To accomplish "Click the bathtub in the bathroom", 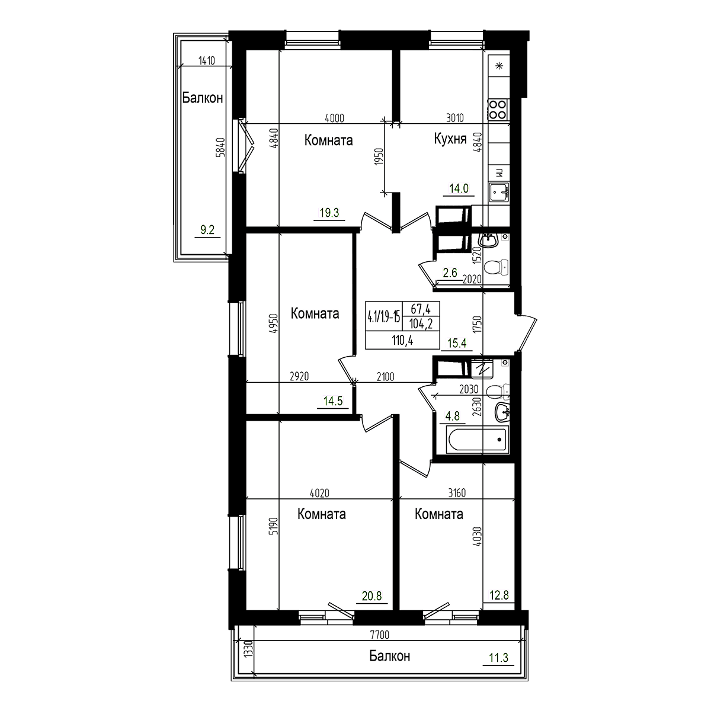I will pyautogui.click(x=477, y=440).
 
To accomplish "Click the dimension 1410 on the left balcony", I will pyautogui.click(x=206, y=59).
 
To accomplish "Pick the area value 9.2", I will pyautogui.click(x=207, y=230).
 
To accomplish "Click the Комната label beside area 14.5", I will pyautogui.click(x=315, y=313).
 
